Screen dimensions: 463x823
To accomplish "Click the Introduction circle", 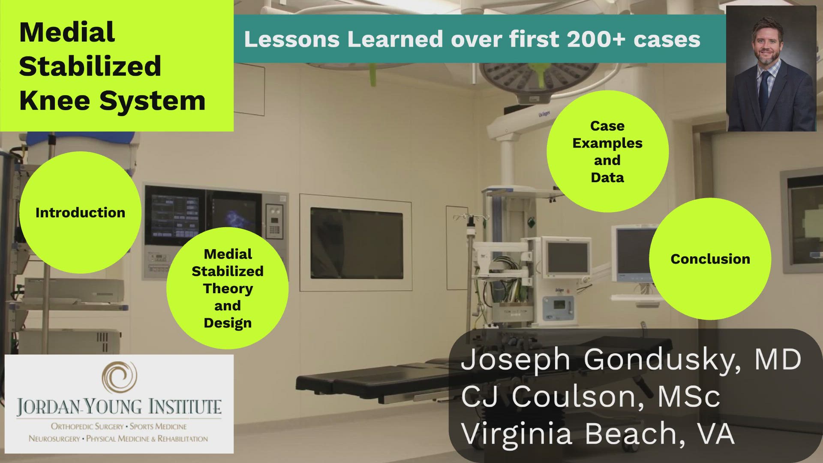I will click(80, 212).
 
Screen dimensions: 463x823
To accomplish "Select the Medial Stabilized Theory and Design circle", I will click(227, 288).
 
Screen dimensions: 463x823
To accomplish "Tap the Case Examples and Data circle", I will click(607, 151).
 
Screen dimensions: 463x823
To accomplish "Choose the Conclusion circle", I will click(710, 259).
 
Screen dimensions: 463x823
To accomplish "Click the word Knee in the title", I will click(54, 101).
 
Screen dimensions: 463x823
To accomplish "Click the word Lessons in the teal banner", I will click(291, 39).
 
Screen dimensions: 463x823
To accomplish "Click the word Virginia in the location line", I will click(517, 433).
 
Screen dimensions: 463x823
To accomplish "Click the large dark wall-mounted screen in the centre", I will click(356, 243).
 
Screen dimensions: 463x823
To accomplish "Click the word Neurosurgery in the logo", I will click(54, 439).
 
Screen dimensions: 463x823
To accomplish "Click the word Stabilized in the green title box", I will click(90, 66).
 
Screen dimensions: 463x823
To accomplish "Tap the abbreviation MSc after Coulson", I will click(688, 396).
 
